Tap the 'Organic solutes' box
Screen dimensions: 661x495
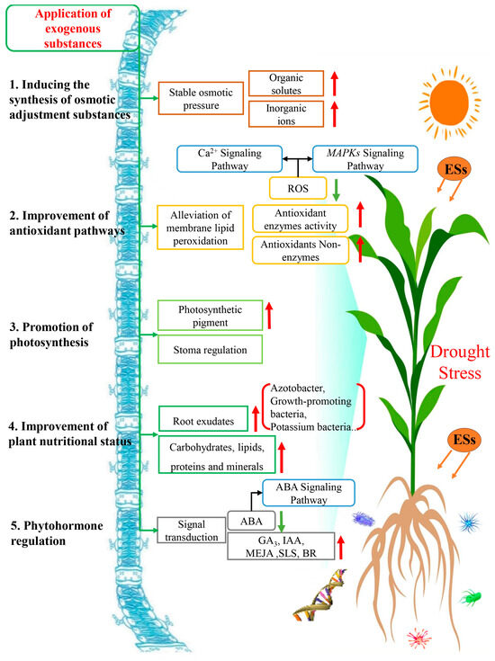[x=298, y=85]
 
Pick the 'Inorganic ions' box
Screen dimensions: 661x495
[x=298, y=115]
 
